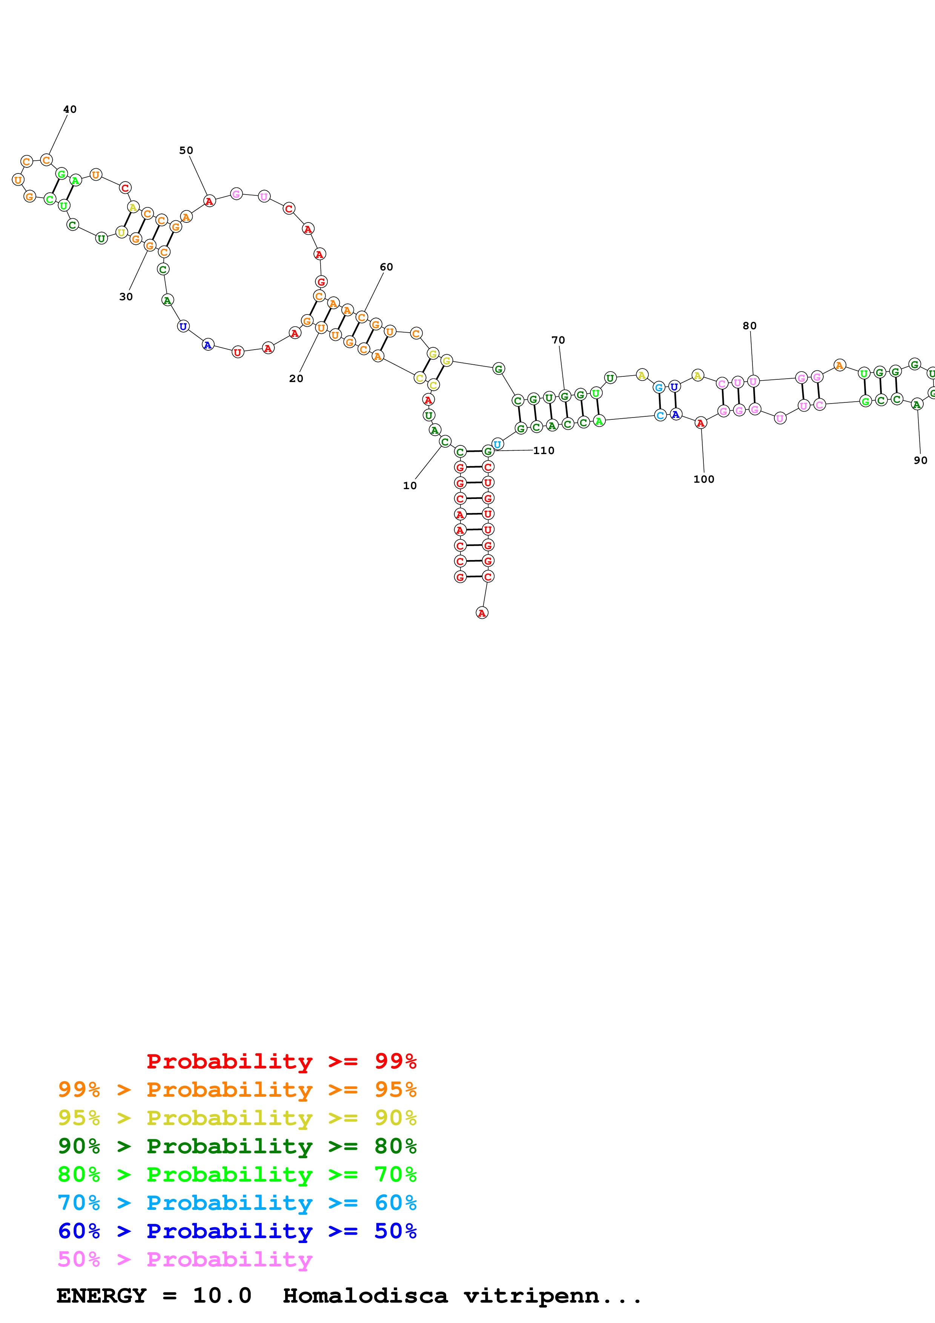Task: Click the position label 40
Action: (x=70, y=109)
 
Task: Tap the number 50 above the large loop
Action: (x=186, y=150)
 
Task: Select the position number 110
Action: (x=544, y=451)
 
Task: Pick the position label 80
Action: (x=749, y=326)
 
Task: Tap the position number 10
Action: (x=410, y=486)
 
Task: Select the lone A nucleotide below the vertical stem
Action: (x=482, y=613)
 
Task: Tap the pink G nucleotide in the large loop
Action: (x=236, y=194)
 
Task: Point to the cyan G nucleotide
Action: (x=659, y=388)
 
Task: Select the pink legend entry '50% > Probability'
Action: (x=185, y=1260)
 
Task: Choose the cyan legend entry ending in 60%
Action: (x=237, y=1203)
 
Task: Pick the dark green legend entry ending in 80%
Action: (x=237, y=1146)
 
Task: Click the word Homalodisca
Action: (x=365, y=1296)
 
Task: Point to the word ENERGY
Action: (x=101, y=1296)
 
